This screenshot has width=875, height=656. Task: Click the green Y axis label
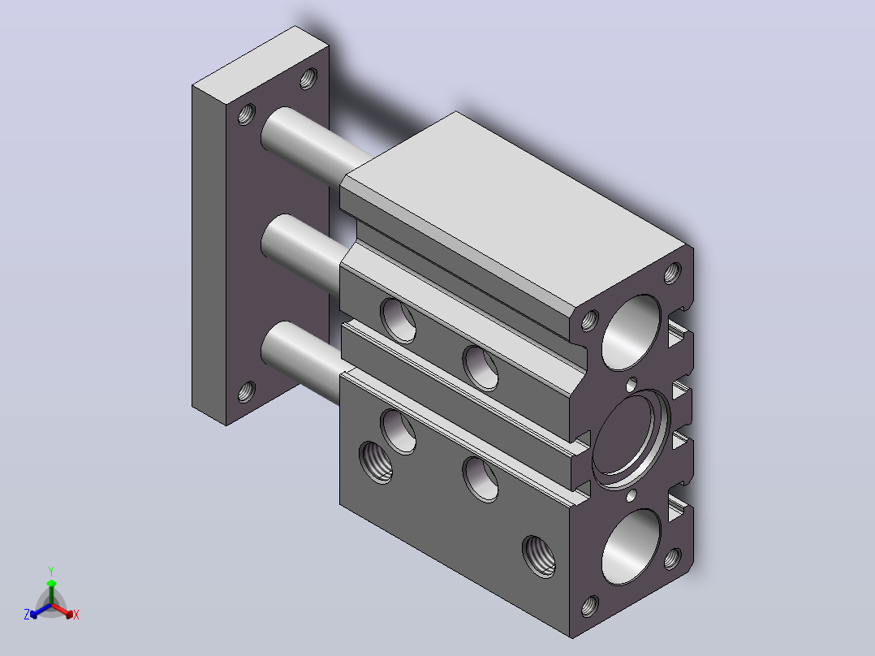tap(51, 571)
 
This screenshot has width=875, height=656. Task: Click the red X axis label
tap(76, 615)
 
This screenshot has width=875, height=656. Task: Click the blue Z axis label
tap(27, 615)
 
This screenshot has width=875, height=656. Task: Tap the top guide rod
tap(312, 144)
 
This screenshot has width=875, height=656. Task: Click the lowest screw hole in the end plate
tap(247, 392)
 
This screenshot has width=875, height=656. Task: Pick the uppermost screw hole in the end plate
tap(308, 78)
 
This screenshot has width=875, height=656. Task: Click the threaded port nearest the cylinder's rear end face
tap(539, 557)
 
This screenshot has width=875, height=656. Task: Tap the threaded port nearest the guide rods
tap(376, 462)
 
